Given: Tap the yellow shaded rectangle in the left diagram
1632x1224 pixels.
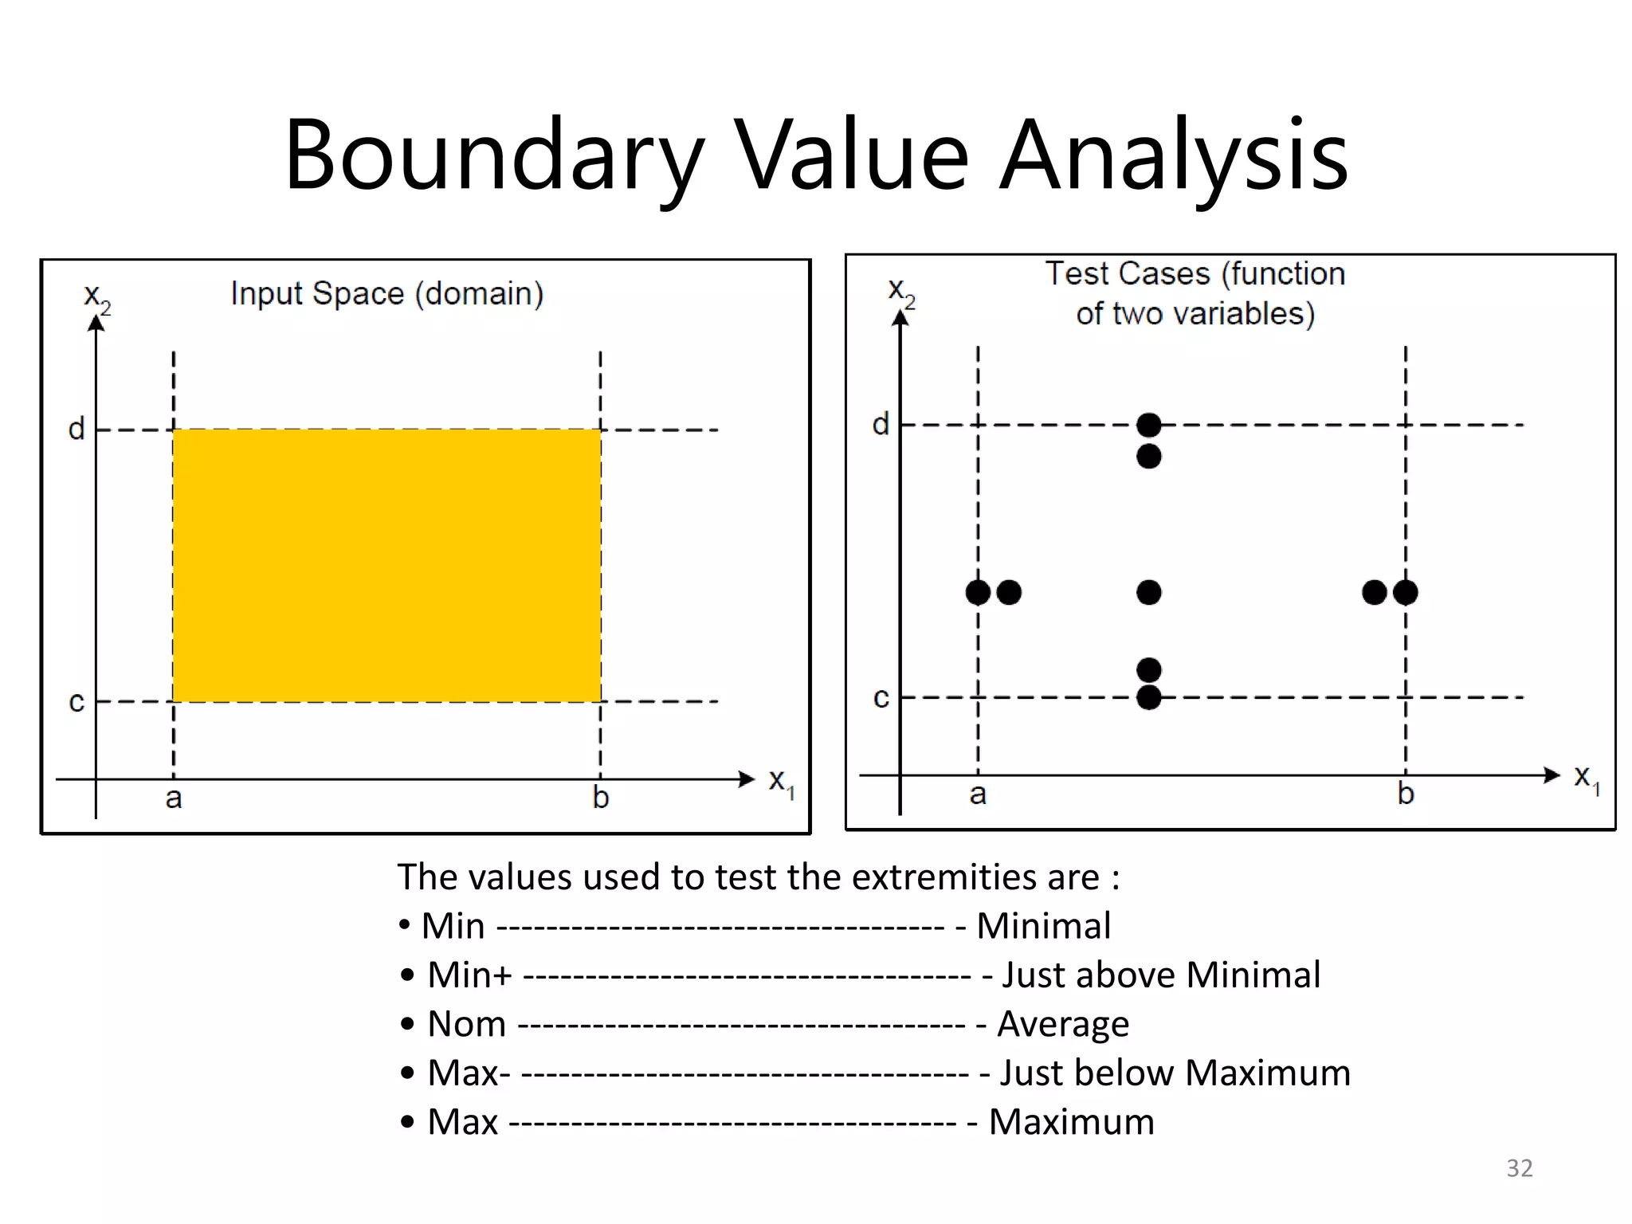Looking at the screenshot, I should coord(386,566).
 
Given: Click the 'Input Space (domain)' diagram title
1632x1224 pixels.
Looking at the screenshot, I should coord(386,294).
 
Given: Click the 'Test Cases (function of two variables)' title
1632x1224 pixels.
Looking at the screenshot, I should coord(1195,293).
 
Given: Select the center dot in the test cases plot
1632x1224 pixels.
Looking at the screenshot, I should coord(1148,592).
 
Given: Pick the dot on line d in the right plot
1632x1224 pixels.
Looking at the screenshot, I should coord(1148,425).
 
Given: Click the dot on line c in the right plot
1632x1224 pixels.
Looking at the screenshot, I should coord(1148,697).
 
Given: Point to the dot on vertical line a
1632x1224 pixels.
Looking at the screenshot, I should coord(978,592).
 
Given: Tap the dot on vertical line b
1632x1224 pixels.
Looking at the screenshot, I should coord(1406,592).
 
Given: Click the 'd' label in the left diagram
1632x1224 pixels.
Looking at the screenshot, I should coord(76,430).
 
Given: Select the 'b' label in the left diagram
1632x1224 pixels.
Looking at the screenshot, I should coord(601,798).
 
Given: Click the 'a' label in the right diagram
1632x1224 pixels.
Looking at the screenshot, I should coord(978,794).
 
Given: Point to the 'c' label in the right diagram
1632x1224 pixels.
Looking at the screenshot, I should coord(881,698).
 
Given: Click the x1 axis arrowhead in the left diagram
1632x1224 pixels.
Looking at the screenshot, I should coord(747,779).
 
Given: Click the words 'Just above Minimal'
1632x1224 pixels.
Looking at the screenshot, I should coord(1160,975).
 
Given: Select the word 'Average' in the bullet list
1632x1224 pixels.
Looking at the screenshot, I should coord(1063,1024).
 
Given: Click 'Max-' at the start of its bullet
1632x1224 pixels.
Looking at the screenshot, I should coord(469,1073).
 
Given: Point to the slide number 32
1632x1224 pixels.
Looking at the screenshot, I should coord(1519,1167).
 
